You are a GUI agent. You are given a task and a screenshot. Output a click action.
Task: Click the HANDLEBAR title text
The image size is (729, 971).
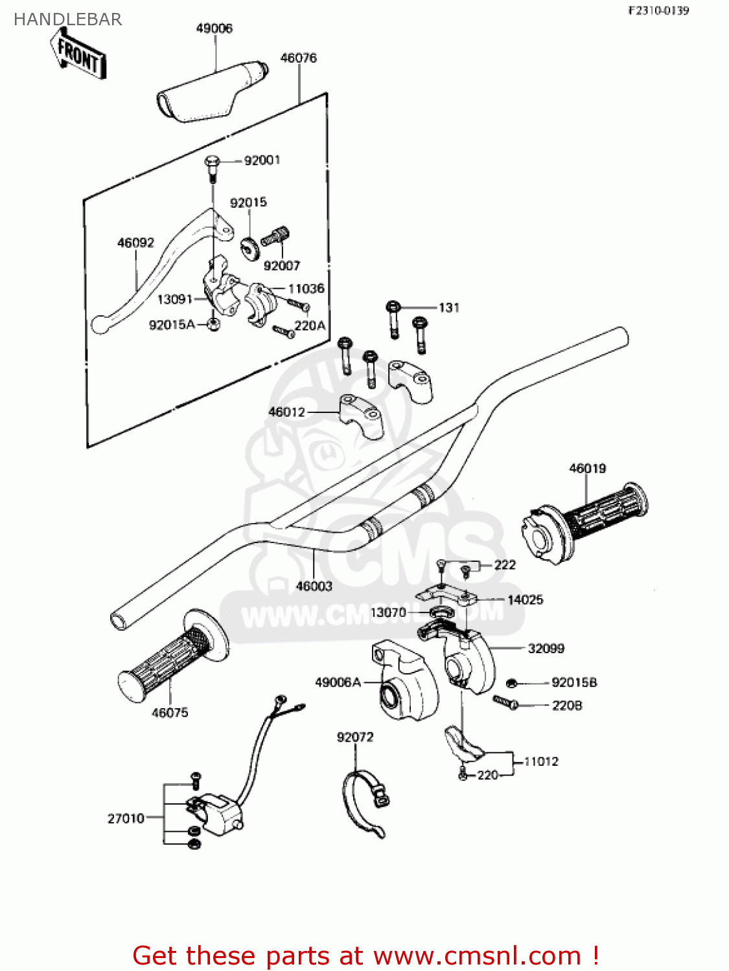tap(67, 19)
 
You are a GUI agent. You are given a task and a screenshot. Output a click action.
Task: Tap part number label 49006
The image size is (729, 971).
tap(214, 28)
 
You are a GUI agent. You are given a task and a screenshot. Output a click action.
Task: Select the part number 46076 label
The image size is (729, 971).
tap(298, 58)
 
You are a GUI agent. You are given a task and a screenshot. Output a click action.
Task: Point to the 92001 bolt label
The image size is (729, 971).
tap(262, 161)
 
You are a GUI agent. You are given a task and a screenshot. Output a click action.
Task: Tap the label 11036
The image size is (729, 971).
tap(306, 289)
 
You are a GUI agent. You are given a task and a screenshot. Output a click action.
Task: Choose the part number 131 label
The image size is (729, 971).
tap(448, 307)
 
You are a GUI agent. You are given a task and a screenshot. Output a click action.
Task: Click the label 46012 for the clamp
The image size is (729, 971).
tap(286, 412)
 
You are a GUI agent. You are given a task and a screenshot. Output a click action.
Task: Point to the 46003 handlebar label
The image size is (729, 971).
tap(314, 586)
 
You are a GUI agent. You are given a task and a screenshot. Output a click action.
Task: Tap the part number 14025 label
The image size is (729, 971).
tap(525, 600)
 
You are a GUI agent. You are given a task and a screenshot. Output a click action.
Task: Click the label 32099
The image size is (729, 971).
tap(546, 649)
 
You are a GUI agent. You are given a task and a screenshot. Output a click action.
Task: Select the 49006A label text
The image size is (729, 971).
tap(338, 682)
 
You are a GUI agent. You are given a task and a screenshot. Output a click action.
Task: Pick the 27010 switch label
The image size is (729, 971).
tap(126, 819)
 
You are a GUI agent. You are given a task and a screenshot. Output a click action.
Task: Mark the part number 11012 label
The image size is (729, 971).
tap(540, 762)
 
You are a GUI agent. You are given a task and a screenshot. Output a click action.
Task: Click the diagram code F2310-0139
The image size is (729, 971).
tap(658, 10)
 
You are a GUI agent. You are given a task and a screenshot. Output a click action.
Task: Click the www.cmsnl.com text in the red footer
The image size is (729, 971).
tap(477, 956)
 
